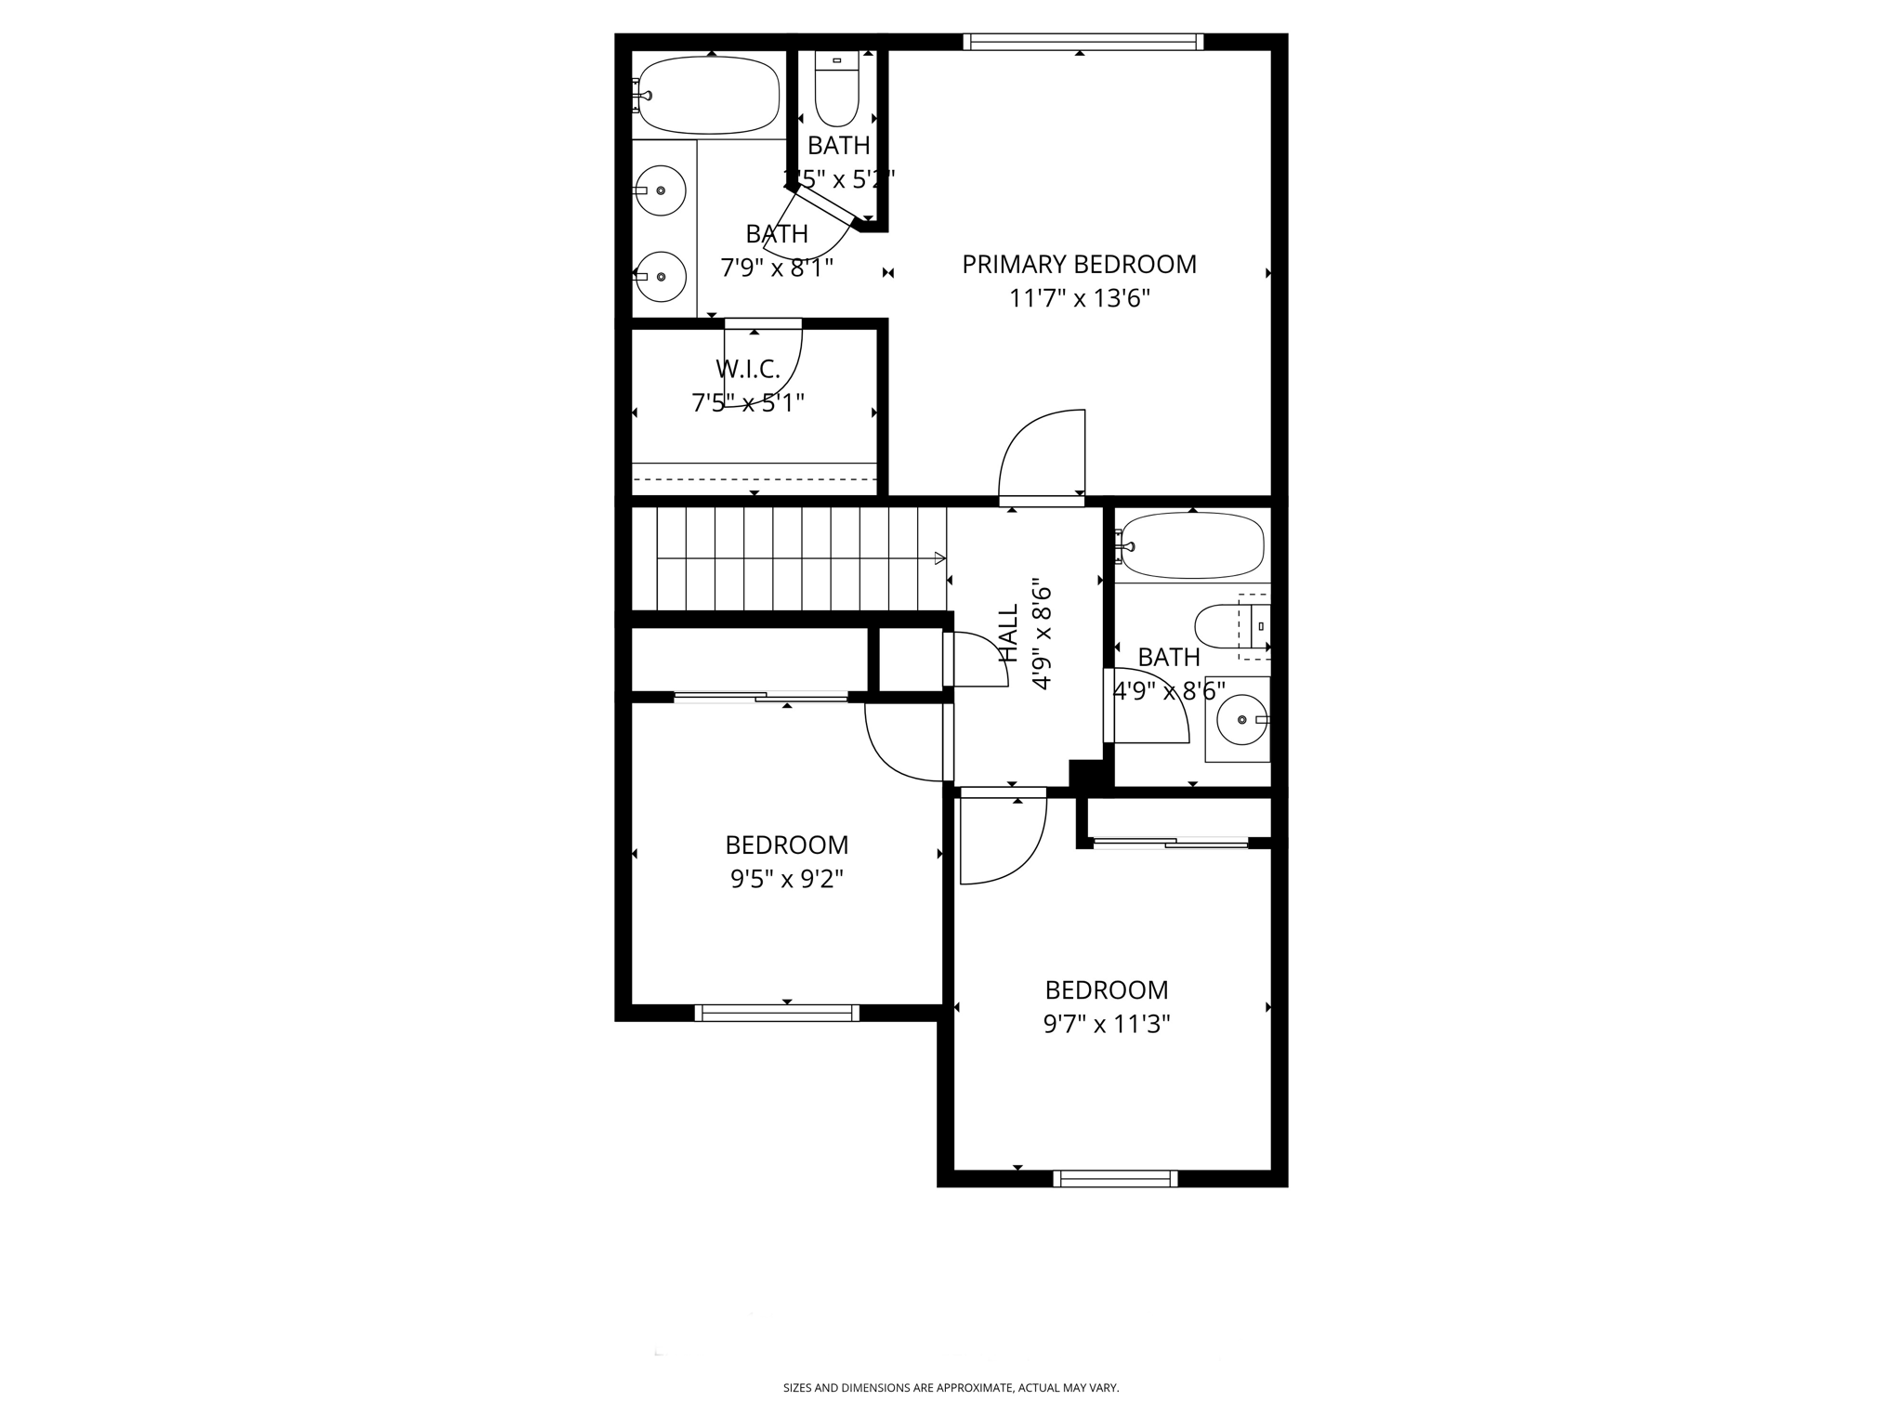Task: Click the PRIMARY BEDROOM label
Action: tap(1079, 265)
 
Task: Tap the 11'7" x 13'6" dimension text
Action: tap(1079, 299)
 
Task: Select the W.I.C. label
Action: tap(747, 370)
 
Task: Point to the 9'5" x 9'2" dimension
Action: tap(786, 879)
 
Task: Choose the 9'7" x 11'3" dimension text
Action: tap(1106, 1024)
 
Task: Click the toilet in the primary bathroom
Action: tap(836, 93)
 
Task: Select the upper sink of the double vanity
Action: tap(661, 190)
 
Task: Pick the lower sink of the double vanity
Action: tap(661, 277)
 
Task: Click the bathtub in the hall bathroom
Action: tap(1193, 545)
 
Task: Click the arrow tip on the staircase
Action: tap(940, 558)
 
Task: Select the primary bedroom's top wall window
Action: tap(1083, 42)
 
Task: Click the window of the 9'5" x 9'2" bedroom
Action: tap(777, 1013)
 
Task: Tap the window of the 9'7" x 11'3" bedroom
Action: tap(1115, 1178)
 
